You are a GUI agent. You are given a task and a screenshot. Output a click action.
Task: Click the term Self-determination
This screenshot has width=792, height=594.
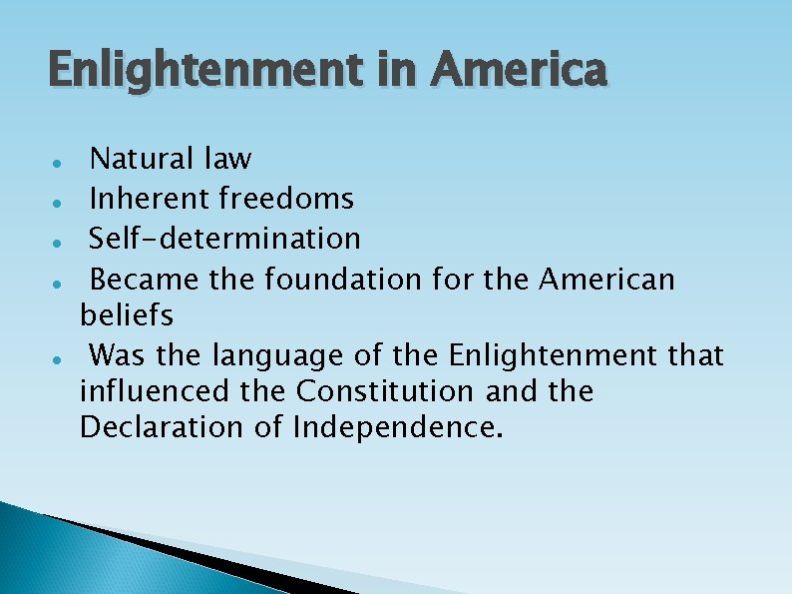(224, 238)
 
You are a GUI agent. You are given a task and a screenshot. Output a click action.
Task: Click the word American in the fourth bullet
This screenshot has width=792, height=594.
(606, 278)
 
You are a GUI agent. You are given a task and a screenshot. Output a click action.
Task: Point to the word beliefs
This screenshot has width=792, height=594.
(126, 315)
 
